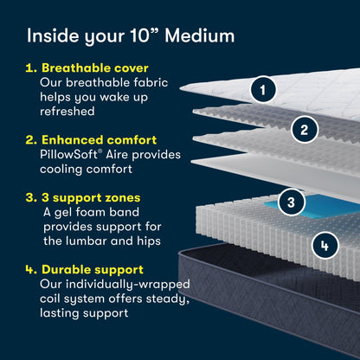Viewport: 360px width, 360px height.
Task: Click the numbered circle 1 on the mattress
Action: (264, 87)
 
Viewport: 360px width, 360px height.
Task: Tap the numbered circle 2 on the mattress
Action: (303, 131)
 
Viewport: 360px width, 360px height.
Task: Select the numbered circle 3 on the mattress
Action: (292, 203)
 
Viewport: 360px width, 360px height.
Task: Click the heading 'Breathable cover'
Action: (93, 68)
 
